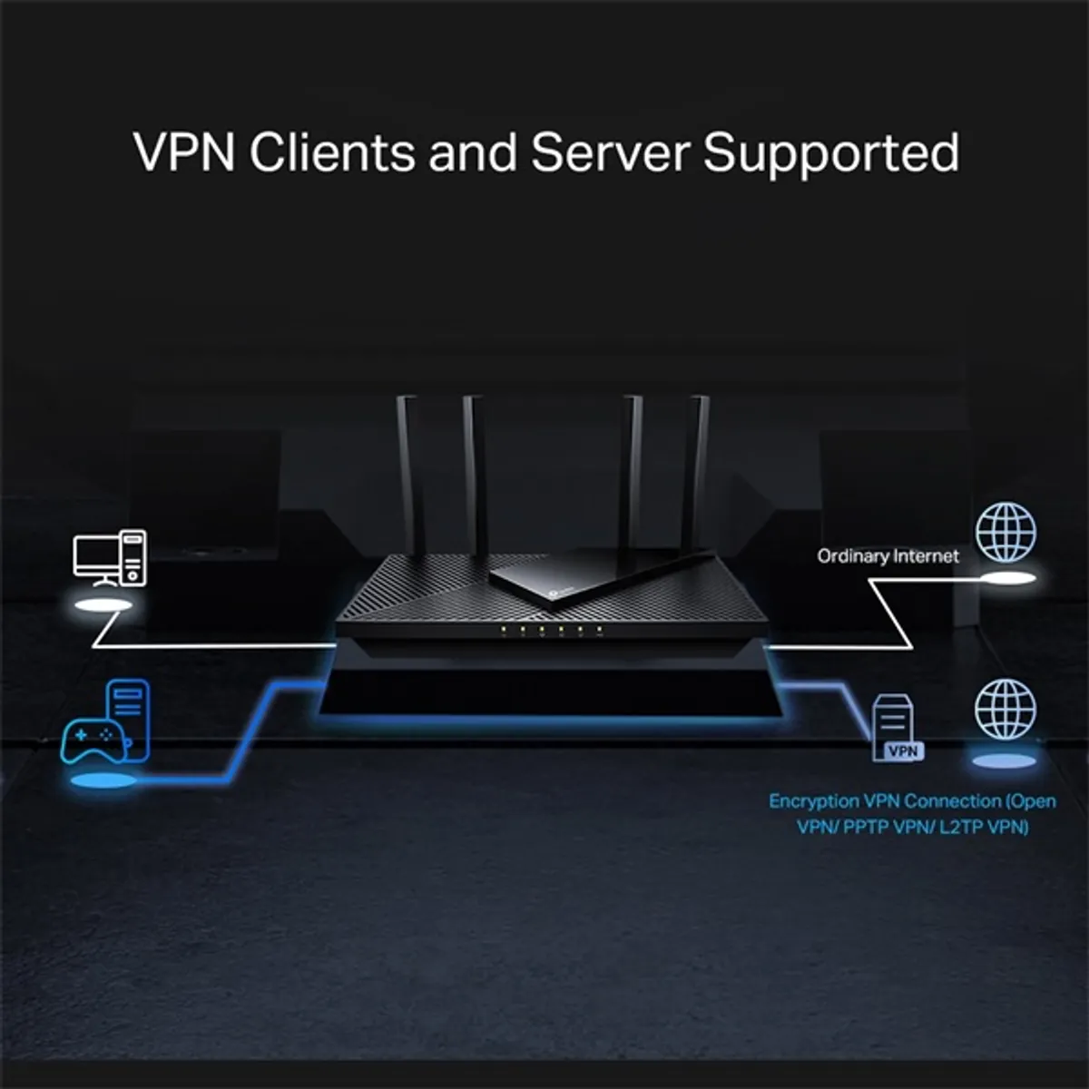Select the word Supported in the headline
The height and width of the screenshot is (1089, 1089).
pyautogui.click(x=830, y=153)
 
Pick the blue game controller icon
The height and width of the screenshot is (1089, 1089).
pyautogui.click(x=89, y=740)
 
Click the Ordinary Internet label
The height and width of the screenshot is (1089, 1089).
pyautogui.click(x=888, y=556)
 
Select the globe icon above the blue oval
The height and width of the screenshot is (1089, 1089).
pyautogui.click(x=1006, y=710)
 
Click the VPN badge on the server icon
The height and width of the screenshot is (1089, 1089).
pyautogui.click(x=903, y=751)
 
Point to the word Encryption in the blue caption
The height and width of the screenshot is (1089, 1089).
pyautogui.click(x=814, y=801)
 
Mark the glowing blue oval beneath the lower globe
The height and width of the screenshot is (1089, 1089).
pyautogui.click(x=1005, y=760)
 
